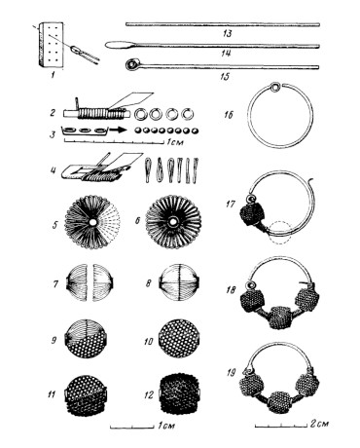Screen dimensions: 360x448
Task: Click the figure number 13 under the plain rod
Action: click(227, 33)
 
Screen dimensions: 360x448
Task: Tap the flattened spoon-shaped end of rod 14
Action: click(119, 45)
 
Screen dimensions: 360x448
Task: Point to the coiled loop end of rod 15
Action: click(132, 64)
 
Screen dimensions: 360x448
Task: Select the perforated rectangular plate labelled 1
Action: click(51, 44)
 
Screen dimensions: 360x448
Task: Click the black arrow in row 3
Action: click(118, 130)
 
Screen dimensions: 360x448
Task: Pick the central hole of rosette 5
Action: click(93, 222)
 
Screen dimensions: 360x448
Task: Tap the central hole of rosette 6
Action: click(173, 223)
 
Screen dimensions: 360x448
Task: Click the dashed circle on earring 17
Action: click(280, 233)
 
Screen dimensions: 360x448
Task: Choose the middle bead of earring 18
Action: click(280, 317)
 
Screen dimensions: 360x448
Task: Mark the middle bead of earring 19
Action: click(281, 402)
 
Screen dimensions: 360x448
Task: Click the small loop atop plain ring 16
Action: click(275, 87)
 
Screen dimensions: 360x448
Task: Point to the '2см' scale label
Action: click(319, 424)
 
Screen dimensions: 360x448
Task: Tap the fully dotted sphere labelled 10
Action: click(179, 339)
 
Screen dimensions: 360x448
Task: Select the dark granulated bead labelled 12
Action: click(180, 394)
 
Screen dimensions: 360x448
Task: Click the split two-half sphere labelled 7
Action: click(90, 282)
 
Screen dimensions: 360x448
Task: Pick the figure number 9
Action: click(54, 340)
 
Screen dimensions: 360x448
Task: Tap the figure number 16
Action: click(229, 115)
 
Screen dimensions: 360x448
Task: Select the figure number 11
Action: click(52, 394)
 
